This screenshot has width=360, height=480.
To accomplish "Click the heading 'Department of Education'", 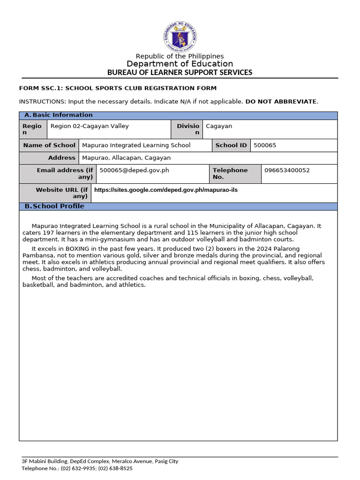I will tap(180, 64).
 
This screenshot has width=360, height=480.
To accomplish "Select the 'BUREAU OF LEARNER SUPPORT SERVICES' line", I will tap(180, 72).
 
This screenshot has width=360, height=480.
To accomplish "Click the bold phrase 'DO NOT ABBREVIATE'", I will tap(281, 101).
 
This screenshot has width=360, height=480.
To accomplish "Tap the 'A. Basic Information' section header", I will tap(59, 115).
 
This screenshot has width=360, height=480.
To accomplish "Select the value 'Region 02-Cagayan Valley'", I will tap(90, 126).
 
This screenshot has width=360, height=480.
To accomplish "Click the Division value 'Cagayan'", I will tap(219, 126).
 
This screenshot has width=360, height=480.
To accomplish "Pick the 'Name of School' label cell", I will tap(49, 145).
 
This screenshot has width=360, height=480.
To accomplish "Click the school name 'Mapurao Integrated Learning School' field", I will tap(136, 145).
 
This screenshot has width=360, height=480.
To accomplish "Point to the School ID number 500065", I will tap(265, 145).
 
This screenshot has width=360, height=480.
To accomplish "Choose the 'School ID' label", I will tap(231, 145).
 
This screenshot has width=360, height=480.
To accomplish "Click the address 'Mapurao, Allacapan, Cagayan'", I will tap(126, 158).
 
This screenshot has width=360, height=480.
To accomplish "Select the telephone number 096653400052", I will tap(287, 171).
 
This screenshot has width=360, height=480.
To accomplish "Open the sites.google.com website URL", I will tap(163, 190).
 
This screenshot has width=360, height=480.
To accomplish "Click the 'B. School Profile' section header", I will tap(54, 206).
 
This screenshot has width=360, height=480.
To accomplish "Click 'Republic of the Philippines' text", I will tap(180, 56).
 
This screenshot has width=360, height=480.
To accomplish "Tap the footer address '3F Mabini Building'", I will tap(45, 461).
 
